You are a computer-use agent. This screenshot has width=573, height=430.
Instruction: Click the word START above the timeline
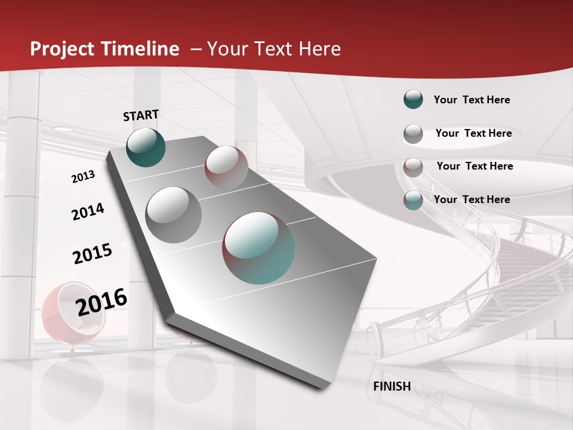click(x=141, y=115)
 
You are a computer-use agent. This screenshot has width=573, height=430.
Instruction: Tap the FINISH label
click(x=392, y=386)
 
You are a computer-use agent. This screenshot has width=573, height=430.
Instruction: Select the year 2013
click(x=83, y=177)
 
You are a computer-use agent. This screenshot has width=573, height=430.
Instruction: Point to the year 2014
click(x=88, y=212)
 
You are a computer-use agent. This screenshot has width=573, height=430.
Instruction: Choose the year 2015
click(x=92, y=254)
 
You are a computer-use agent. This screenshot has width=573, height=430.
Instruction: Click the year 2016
click(x=101, y=302)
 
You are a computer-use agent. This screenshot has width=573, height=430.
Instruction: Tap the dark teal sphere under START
click(x=146, y=147)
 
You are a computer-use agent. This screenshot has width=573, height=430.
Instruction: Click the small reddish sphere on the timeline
click(x=226, y=167)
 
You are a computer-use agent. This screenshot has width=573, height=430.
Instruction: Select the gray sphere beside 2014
click(x=173, y=214)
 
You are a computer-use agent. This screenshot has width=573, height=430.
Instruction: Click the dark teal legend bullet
click(x=413, y=100)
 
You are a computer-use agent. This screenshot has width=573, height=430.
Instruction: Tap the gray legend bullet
click(x=413, y=134)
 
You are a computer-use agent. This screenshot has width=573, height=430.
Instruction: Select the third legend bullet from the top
click(x=413, y=167)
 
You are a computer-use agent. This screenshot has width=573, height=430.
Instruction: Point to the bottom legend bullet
click(x=413, y=200)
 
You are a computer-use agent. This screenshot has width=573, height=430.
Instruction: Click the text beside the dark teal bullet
click(x=472, y=100)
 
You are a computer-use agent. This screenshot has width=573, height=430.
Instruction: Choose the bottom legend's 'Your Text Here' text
click(x=472, y=199)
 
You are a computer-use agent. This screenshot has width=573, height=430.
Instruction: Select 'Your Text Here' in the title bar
click(x=273, y=49)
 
